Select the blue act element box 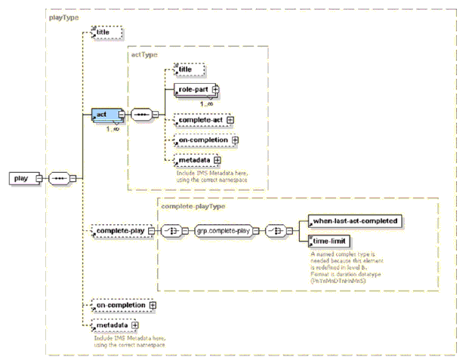101,115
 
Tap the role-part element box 193,91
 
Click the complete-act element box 199,119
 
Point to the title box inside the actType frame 184,69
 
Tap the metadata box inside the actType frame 193,159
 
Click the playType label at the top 63,17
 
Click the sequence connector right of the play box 59,179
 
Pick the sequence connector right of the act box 141,115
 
